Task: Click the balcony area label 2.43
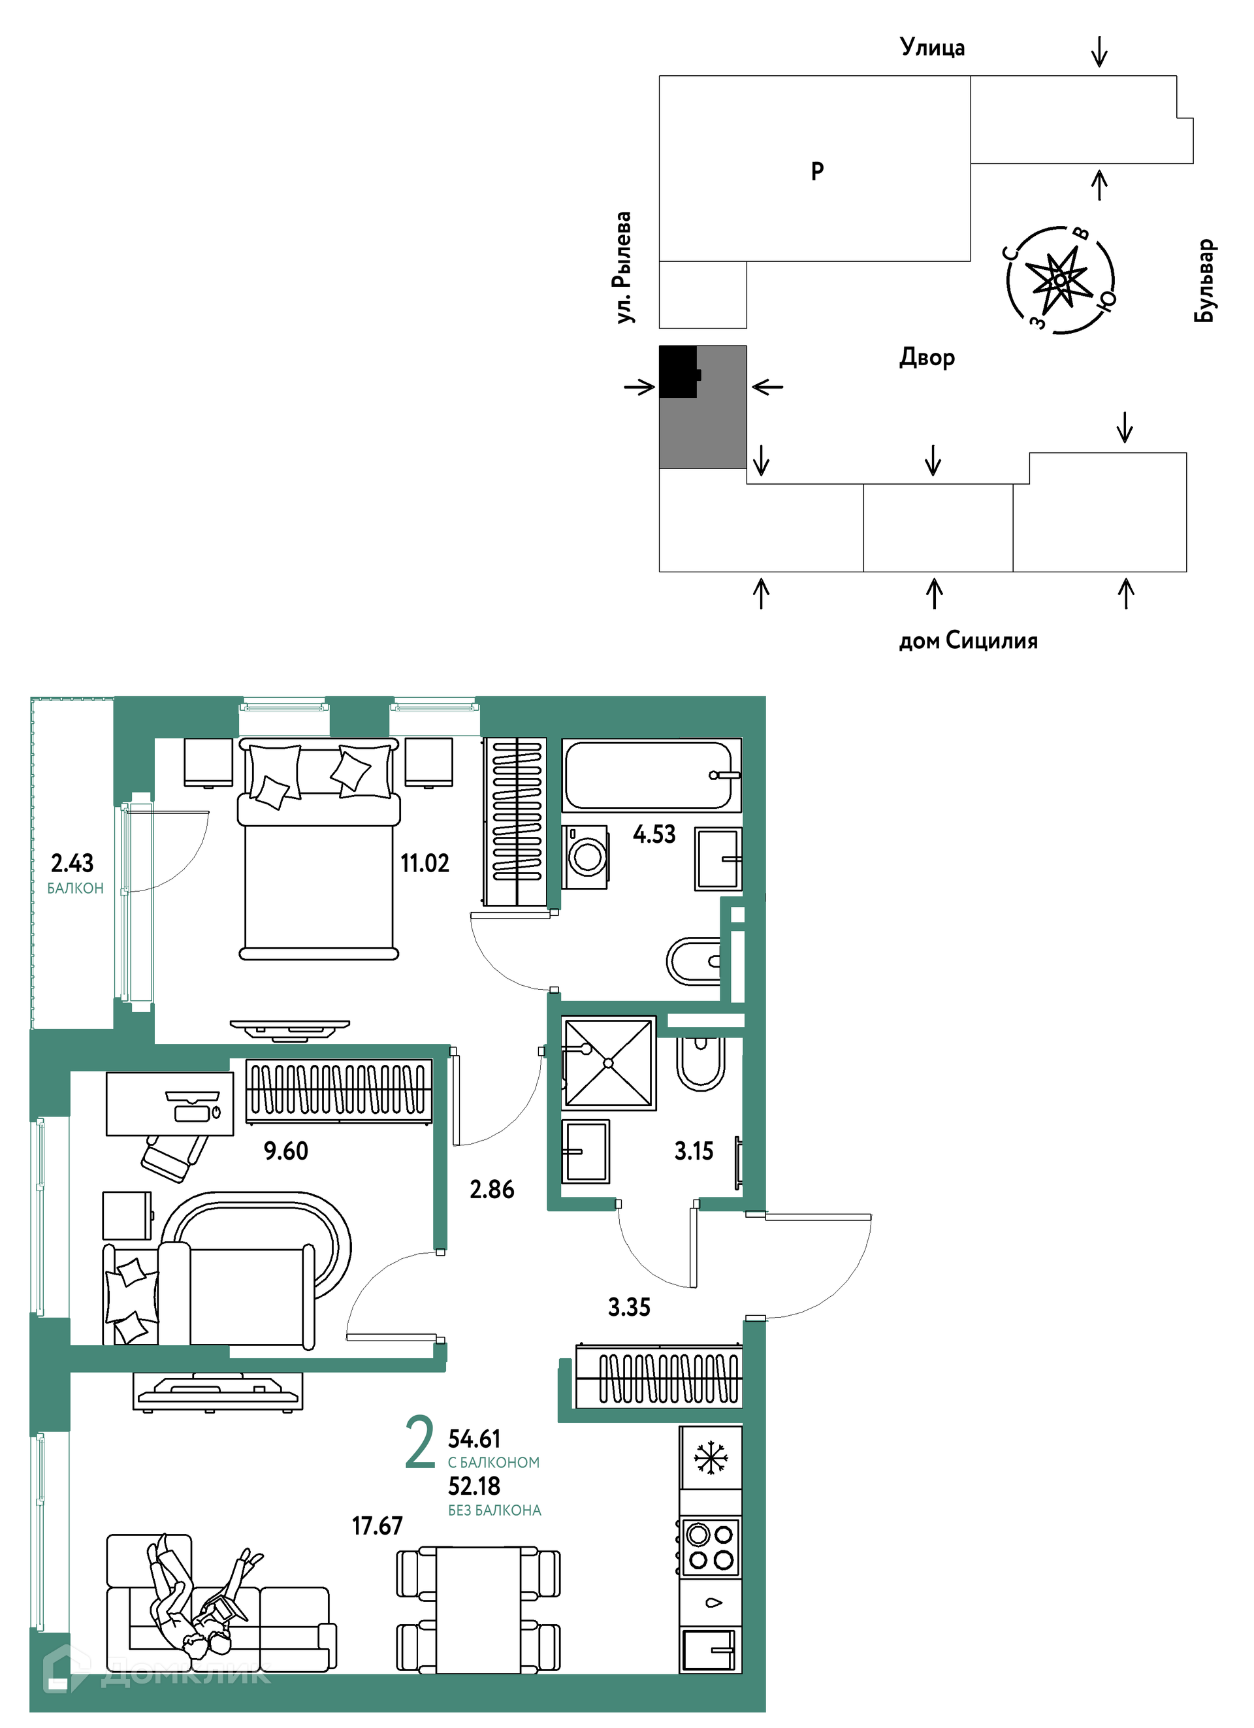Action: pyautogui.click(x=72, y=863)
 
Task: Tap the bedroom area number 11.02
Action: pyautogui.click(x=425, y=863)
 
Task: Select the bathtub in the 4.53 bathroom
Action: pyautogui.click(x=651, y=775)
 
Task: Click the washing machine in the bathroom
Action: pyautogui.click(x=586, y=857)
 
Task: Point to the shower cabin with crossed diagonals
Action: pyautogui.click(x=609, y=1063)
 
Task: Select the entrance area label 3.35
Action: pyautogui.click(x=629, y=1307)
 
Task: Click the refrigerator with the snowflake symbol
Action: pyautogui.click(x=711, y=1458)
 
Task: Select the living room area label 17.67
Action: pyautogui.click(x=377, y=1525)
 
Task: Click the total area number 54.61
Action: pyautogui.click(x=474, y=1439)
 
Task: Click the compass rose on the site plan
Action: pyautogui.click(x=1061, y=280)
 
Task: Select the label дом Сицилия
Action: pyautogui.click(x=969, y=640)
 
